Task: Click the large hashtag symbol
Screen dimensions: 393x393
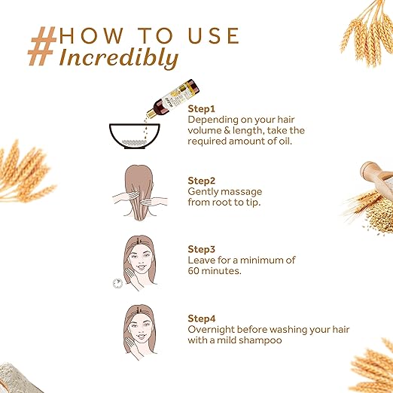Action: pyautogui.click(x=42, y=46)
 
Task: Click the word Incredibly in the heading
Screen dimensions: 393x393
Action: pyautogui.click(x=119, y=59)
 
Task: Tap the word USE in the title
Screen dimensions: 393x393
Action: pyautogui.click(x=214, y=35)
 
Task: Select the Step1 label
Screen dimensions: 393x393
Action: pyautogui.click(x=202, y=109)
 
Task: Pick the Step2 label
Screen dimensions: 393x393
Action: pyautogui.click(x=202, y=181)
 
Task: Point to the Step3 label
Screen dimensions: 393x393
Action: pyautogui.click(x=202, y=249)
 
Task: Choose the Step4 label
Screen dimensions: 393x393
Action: pyautogui.click(x=202, y=318)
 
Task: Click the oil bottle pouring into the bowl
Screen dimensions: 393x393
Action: pyautogui.click(x=172, y=99)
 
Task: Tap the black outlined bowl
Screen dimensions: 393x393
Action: pyautogui.click(x=135, y=136)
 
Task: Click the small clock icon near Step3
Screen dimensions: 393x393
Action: pyautogui.click(x=117, y=283)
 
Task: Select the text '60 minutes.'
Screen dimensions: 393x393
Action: pyautogui.click(x=215, y=271)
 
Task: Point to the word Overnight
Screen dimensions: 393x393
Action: pyautogui.click(x=211, y=330)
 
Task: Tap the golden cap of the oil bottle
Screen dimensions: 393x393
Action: pyautogui.click(x=151, y=113)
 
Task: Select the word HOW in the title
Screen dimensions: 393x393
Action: pyautogui.click(x=91, y=35)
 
